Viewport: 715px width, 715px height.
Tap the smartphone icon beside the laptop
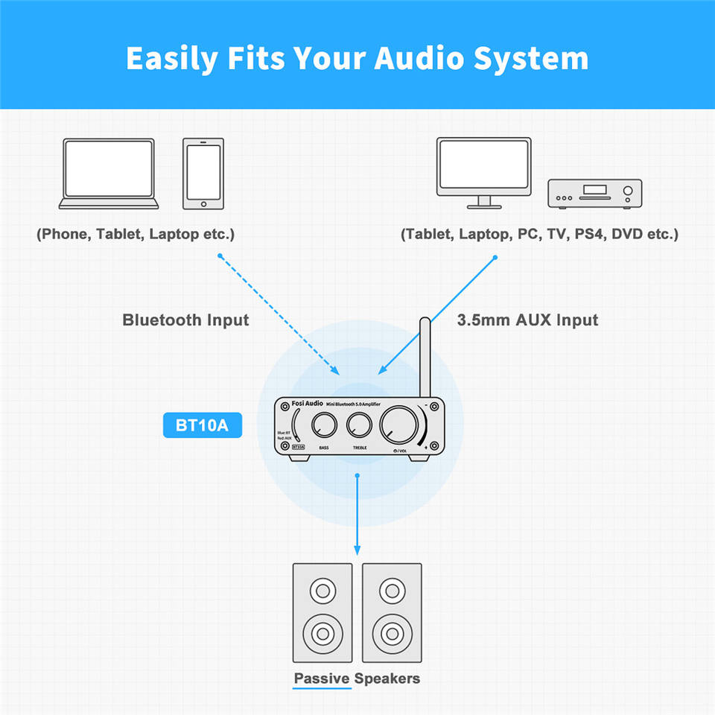click(203, 174)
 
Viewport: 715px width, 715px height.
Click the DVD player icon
click(595, 193)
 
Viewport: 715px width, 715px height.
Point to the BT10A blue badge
click(202, 427)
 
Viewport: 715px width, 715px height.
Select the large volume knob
click(398, 425)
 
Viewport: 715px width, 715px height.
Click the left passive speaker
click(322, 612)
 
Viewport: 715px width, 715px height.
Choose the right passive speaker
click(391, 612)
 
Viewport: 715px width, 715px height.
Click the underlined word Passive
click(322, 679)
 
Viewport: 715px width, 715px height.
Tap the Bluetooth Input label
click(185, 320)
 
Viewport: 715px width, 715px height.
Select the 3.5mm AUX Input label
click(527, 320)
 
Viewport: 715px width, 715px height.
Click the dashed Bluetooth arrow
click(279, 314)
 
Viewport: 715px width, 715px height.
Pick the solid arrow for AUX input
click(438, 314)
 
